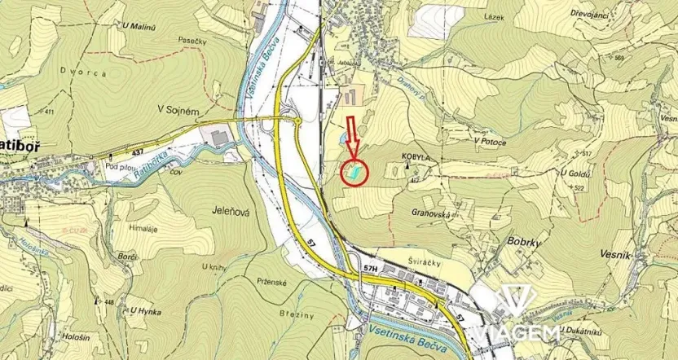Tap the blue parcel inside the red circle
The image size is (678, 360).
coord(354,172)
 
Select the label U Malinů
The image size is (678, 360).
coord(139,28)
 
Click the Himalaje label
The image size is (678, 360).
coord(143,230)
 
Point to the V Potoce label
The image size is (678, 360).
coord(490,141)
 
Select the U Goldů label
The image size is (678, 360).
coord(575,173)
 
